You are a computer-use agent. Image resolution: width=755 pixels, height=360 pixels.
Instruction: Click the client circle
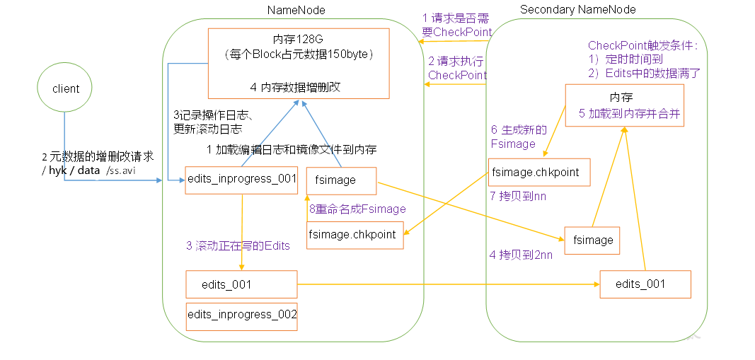click(x=66, y=89)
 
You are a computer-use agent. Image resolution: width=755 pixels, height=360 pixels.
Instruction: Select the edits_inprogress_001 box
click(x=241, y=179)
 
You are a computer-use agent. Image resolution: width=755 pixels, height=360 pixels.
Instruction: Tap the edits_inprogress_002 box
click(x=241, y=315)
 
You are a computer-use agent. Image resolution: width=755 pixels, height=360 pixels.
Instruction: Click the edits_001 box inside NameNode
click(x=241, y=285)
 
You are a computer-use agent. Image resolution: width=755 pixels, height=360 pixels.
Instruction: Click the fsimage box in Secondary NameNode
click(x=592, y=240)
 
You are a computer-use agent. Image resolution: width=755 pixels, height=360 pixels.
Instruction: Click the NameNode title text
click(x=291, y=9)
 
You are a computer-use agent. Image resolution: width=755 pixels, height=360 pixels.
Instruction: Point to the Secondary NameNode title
click(x=577, y=9)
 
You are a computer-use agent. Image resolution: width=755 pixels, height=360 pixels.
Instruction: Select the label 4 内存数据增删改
click(x=296, y=88)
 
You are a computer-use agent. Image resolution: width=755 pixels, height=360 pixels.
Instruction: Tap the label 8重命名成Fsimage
click(x=357, y=209)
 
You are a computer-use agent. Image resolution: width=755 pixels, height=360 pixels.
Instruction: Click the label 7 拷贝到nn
click(x=517, y=195)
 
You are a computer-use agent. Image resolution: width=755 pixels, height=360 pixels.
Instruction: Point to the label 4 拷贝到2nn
click(x=521, y=255)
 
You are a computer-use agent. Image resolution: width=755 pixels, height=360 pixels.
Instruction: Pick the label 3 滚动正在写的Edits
click(x=238, y=245)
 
